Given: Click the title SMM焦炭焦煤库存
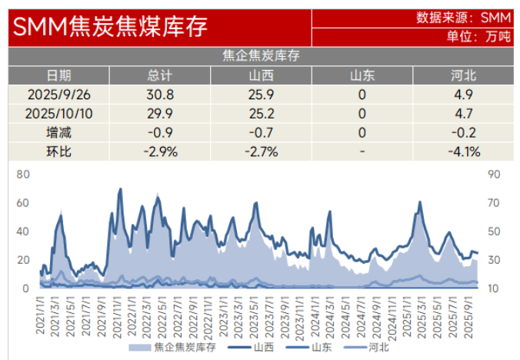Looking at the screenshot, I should click(x=110, y=28).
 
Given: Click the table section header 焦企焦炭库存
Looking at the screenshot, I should click(x=260, y=55).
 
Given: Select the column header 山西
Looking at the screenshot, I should click(x=261, y=75).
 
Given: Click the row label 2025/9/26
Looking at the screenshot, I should click(x=58, y=95).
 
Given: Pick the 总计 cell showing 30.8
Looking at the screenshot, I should click(x=160, y=95).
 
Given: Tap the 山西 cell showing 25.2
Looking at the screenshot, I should click(x=261, y=113).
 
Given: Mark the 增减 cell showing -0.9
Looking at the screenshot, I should click(x=160, y=132).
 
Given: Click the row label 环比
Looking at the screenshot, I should click(x=58, y=151).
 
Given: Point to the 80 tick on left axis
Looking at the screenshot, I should click(x=23, y=175).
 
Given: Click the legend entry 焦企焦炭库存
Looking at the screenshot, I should click(x=174, y=347).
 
